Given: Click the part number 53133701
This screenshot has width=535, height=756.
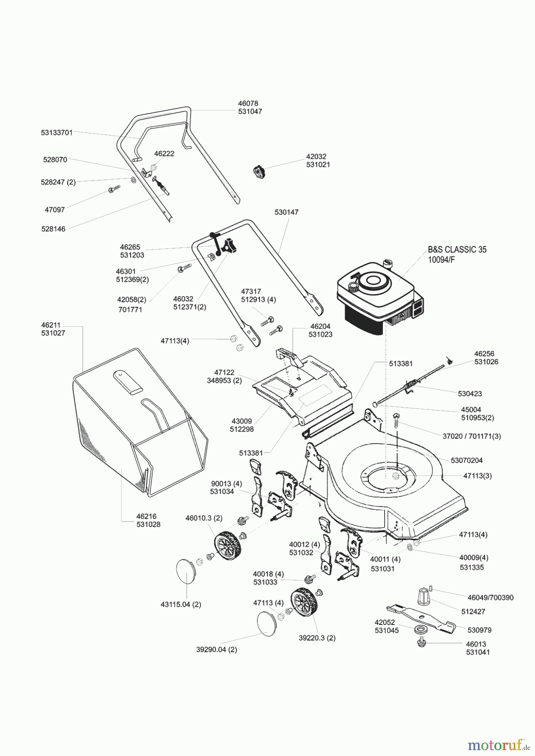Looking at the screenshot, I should point(57,133).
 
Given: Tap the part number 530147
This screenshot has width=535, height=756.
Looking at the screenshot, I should point(287,213).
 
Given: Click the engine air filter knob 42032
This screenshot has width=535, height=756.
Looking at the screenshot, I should point(258,172).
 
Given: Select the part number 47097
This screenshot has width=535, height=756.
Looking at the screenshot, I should point(55,210).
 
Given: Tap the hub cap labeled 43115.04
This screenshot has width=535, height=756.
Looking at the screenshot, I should point(185,571).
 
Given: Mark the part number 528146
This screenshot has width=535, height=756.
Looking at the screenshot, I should point(53,229).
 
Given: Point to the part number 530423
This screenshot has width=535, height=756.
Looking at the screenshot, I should point(470,394).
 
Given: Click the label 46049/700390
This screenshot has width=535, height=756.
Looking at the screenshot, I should point(490,597).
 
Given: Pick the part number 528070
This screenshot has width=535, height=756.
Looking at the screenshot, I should point(55,160).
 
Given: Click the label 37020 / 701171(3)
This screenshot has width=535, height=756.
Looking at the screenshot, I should point(472,436).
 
